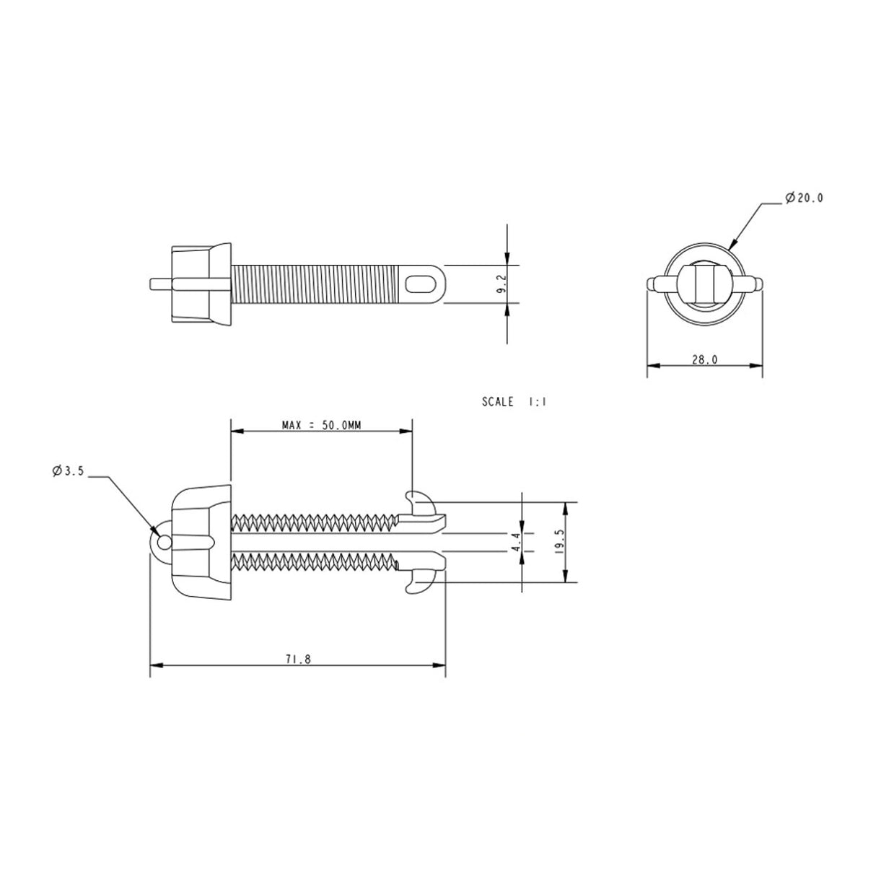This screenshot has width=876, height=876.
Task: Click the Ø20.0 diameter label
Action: [802, 198]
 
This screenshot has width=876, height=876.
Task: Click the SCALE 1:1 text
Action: [514, 402]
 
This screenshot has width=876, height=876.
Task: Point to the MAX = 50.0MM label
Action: [321, 425]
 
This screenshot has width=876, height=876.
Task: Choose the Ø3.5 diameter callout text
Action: [69, 471]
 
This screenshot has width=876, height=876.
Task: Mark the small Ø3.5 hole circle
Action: [164, 541]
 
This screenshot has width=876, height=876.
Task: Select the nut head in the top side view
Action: [200, 283]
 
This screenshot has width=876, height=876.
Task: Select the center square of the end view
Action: [704, 283]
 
